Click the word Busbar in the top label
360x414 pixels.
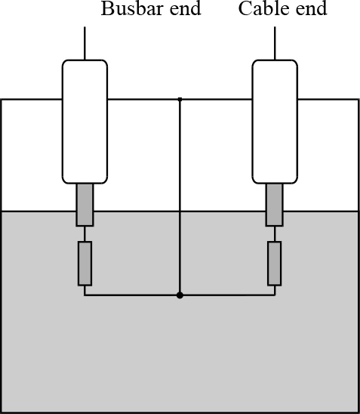pos(133,8)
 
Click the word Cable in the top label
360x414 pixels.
pos(264,8)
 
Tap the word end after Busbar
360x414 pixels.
pos(186,8)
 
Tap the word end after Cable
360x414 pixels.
pos(311,8)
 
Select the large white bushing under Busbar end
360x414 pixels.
pos(85,122)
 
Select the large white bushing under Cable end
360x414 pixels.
pos(275,122)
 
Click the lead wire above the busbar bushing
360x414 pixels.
pos(85,43)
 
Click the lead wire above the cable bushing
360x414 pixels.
pos(275,43)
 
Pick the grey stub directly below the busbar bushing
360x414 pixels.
pos(85,205)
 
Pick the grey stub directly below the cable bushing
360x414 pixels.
pos(274,205)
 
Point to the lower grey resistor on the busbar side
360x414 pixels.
pos(85,264)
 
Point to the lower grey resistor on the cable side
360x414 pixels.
pos(275,264)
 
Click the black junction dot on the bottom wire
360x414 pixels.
pos(180,295)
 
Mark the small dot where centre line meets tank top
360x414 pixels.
pos(180,99)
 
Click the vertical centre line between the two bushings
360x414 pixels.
pos(180,197)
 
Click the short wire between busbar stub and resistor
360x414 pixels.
pos(85,234)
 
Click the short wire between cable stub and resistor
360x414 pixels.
pos(275,234)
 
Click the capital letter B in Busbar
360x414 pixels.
pos(106,8)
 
